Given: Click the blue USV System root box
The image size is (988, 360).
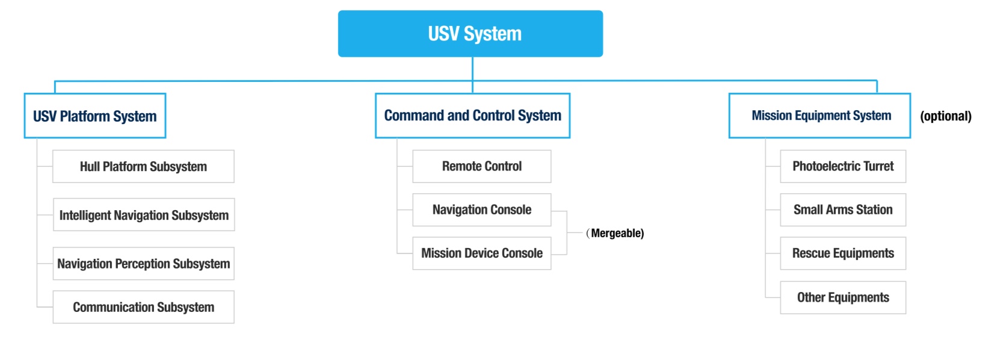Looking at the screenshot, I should (x=470, y=34).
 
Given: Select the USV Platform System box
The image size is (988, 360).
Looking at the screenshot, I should (x=95, y=116).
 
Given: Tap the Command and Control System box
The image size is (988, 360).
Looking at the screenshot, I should (x=472, y=116).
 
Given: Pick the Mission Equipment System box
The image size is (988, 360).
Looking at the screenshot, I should (x=820, y=116).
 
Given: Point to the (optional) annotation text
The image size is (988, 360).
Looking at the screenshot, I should (x=945, y=116).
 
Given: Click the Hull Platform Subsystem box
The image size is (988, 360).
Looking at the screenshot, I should (x=143, y=167).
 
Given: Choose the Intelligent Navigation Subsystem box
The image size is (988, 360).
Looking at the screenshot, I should (x=144, y=215).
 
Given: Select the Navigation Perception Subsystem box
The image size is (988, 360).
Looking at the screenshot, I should (x=143, y=264).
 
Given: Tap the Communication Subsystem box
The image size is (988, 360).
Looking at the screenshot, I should (x=143, y=307).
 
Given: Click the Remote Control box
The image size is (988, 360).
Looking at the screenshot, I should (x=481, y=166).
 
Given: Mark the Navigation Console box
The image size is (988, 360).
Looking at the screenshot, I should (x=481, y=210).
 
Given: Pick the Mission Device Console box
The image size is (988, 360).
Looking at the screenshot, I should (x=481, y=253).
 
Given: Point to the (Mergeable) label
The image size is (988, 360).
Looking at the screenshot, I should (x=616, y=233).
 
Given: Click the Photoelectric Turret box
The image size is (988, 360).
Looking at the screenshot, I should (x=842, y=166).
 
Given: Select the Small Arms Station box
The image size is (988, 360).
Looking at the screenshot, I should (x=842, y=210).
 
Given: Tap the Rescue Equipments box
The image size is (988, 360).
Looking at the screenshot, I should (x=842, y=253).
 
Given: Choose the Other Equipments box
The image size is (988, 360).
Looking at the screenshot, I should (x=842, y=297).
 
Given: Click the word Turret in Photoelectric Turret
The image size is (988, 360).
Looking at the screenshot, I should (x=878, y=166).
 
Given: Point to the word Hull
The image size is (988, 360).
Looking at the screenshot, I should (x=90, y=167).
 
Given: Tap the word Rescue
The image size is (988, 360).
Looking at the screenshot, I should (x=810, y=253).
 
